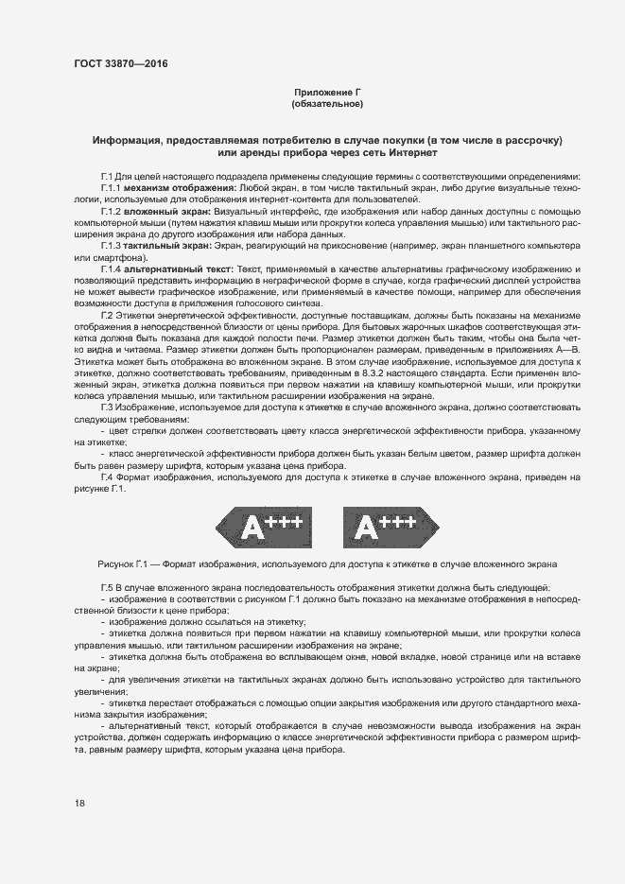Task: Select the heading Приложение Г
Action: click(x=327, y=92)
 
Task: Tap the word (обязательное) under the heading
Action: click(x=327, y=103)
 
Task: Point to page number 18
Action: click(x=79, y=803)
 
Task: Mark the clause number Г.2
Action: click(x=107, y=315)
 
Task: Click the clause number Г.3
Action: click(x=107, y=406)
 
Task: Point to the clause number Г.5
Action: click(x=107, y=588)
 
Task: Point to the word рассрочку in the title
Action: click(x=530, y=140)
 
